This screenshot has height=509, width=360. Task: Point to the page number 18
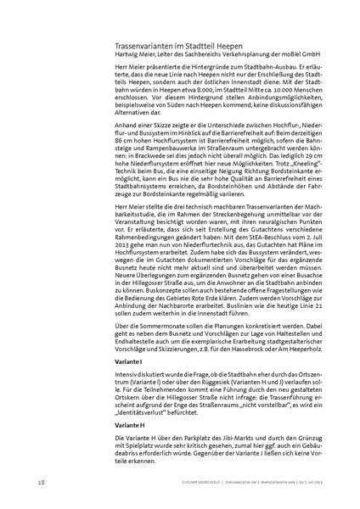(42, 483)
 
